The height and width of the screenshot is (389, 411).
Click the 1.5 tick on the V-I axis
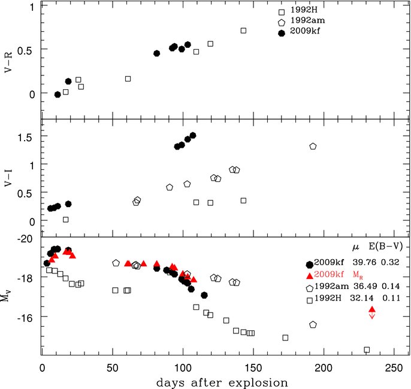click(x=26, y=138)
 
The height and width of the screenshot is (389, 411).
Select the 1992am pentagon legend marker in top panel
click(x=282, y=23)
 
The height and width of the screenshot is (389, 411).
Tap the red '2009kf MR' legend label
click(x=334, y=275)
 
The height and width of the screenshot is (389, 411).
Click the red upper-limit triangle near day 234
click(x=372, y=310)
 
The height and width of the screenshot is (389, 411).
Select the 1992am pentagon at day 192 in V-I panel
click(x=313, y=147)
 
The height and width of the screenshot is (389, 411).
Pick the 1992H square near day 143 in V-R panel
click(x=243, y=31)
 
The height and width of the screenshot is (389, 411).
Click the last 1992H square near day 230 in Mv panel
click(x=367, y=350)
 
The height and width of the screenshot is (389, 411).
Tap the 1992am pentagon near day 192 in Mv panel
click(x=313, y=324)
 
